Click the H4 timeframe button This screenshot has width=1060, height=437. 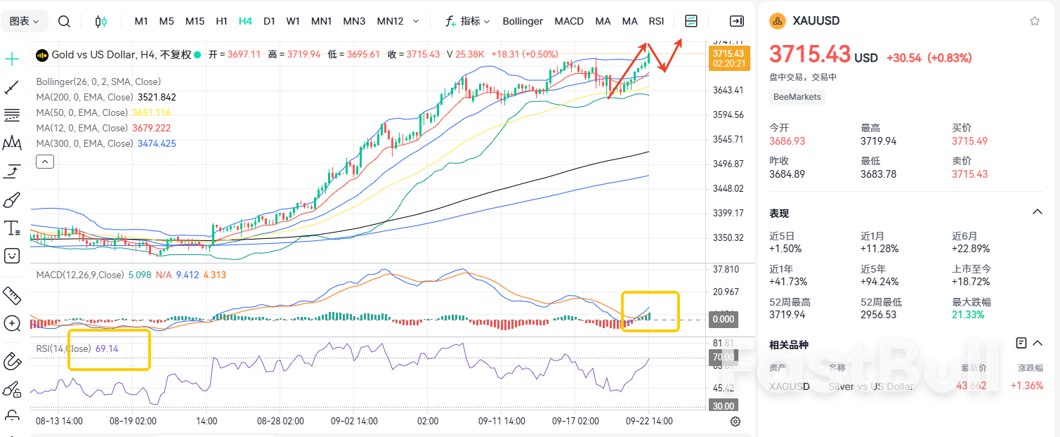coord(245,21)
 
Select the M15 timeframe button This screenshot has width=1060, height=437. coord(195,21)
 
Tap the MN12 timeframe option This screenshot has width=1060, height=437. coord(390,21)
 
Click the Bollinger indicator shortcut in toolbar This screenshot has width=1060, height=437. coord(523,21)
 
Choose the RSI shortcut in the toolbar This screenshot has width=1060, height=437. coord(656,21)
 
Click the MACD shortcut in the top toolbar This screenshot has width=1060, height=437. coord(569,21)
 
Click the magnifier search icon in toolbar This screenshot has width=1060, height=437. coord(64,21)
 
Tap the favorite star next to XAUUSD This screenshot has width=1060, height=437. coord(1034,21)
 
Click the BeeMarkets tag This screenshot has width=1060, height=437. coord(797,97)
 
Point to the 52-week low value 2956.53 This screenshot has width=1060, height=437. coord(878,315)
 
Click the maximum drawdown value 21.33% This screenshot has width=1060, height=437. coord(968,315)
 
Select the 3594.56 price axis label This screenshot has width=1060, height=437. coord(728,115)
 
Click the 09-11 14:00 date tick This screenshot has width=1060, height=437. coord(502,422)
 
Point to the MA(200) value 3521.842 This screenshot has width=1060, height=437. coord(157,98)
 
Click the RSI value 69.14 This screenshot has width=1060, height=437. coord(107,348)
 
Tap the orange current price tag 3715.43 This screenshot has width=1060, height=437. coord(728,53)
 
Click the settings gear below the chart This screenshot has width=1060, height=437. coord(735,422)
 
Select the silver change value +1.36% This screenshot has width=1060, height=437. coord(1026,386)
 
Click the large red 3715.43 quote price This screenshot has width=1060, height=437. coord(809,55)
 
